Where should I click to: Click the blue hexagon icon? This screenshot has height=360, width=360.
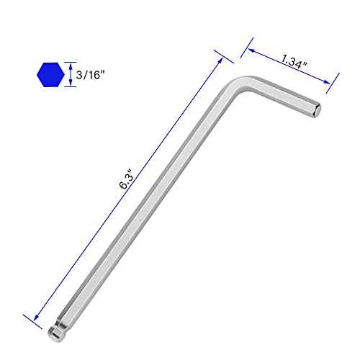coord(50,75)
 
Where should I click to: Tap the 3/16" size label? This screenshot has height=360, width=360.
coord(91,75)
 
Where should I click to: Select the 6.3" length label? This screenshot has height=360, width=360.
coord(126,179)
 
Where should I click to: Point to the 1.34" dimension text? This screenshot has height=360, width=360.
coord(294,62)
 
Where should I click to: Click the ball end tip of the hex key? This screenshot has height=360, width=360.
coord(55,333)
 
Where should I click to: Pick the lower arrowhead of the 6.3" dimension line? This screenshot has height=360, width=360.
coord(37,317)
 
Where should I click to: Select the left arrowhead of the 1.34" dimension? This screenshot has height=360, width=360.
coord(251,50)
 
